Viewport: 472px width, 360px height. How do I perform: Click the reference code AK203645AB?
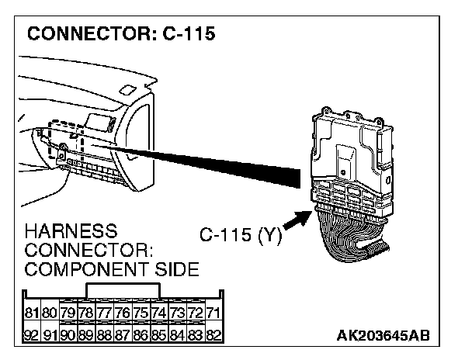[383, 334]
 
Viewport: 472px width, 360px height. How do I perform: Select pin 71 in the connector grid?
[214, 313]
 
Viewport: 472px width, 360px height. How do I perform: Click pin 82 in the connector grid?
[214, 335]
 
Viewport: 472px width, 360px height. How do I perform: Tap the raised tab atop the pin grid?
[124, 290]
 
